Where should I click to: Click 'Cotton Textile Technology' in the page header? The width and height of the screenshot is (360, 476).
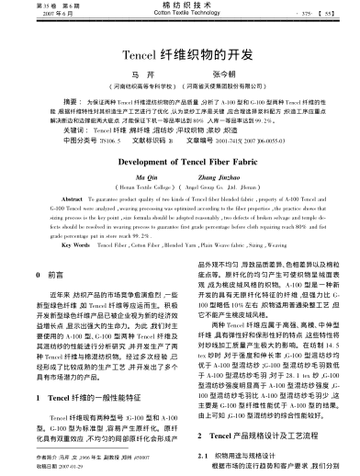pos(179,15)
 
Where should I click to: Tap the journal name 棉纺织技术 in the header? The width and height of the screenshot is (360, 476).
pos(180,6)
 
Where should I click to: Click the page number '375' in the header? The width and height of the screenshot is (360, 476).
pos(308,13)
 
